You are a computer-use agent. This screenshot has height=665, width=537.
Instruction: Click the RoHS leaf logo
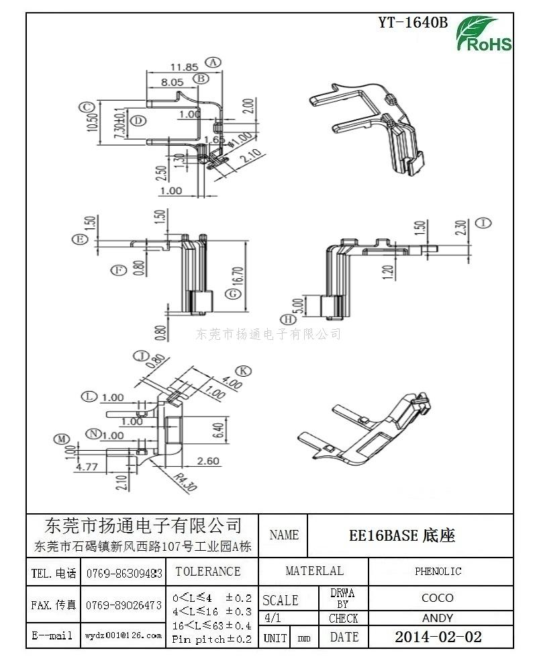484,34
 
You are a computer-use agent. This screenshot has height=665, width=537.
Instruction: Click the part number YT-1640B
412,22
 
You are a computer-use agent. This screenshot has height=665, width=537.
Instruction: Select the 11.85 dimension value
183,66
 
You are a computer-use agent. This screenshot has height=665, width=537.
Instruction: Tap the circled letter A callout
213,62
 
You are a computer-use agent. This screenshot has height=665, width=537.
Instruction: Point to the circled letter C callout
85,107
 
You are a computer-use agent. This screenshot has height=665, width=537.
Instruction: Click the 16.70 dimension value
253,274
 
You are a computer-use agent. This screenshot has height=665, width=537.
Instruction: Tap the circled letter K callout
244,371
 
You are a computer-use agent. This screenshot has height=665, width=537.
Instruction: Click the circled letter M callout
62,439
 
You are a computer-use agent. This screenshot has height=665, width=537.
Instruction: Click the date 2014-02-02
438,637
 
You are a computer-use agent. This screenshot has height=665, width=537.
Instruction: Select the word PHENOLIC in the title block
438,572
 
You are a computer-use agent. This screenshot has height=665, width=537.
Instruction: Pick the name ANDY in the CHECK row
438,618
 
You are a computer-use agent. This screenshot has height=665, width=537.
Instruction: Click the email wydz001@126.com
124,635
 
